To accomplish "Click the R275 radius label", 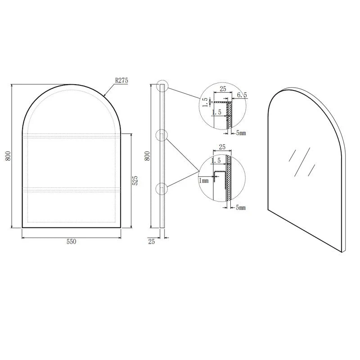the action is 121,81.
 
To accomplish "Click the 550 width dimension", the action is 72,241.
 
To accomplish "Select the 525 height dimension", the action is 135,180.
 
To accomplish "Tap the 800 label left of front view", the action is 8,156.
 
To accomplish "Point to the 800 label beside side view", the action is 147,156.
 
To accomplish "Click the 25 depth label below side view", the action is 152,242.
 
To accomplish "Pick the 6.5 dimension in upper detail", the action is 242,95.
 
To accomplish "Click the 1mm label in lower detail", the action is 204,181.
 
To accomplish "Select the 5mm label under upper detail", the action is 241,133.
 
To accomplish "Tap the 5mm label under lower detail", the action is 241,208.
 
